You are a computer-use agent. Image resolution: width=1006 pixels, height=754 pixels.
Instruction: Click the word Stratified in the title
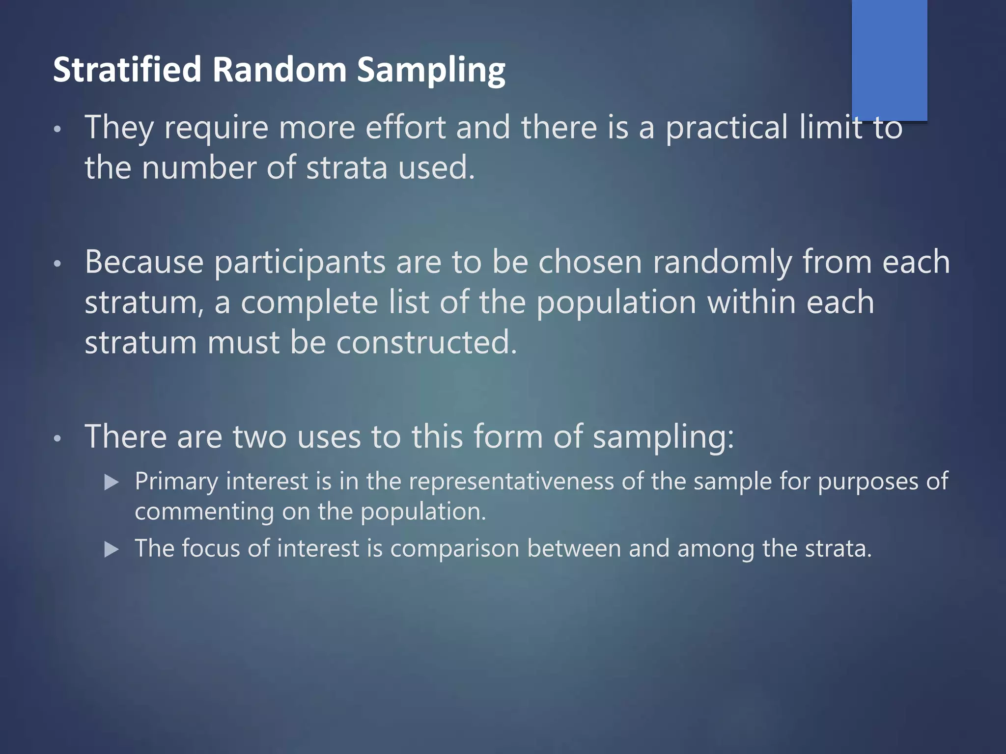[x=127, y=69]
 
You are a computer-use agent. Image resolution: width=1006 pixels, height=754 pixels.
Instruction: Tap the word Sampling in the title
[x=431, y=70]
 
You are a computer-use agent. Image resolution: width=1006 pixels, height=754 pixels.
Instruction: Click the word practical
[x=727, y=128]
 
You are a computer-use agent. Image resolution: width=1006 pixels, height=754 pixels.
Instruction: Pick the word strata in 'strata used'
[x=347, y=168]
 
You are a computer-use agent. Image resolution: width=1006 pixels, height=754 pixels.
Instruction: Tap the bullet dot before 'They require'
[x=57, y=129]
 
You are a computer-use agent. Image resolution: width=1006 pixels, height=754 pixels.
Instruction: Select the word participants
[x=300, y=263]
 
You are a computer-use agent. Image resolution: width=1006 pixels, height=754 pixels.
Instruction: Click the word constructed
[x=426, y=342]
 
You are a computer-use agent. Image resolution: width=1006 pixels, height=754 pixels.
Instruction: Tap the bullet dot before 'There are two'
[x=57, y=438]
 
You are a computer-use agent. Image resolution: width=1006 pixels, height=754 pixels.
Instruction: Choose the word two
[x=259, y=436]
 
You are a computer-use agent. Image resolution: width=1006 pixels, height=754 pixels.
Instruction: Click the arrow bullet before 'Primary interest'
[x=112, y=483]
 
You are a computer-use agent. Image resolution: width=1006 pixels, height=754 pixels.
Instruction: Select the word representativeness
[x=511, y=482]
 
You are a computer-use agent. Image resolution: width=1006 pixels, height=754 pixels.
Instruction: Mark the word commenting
[x=204, y=512]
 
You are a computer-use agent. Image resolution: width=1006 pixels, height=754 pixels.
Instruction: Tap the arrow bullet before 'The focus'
[x=112, y=549]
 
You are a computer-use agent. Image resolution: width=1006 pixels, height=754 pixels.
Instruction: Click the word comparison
[x=454, y=549]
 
